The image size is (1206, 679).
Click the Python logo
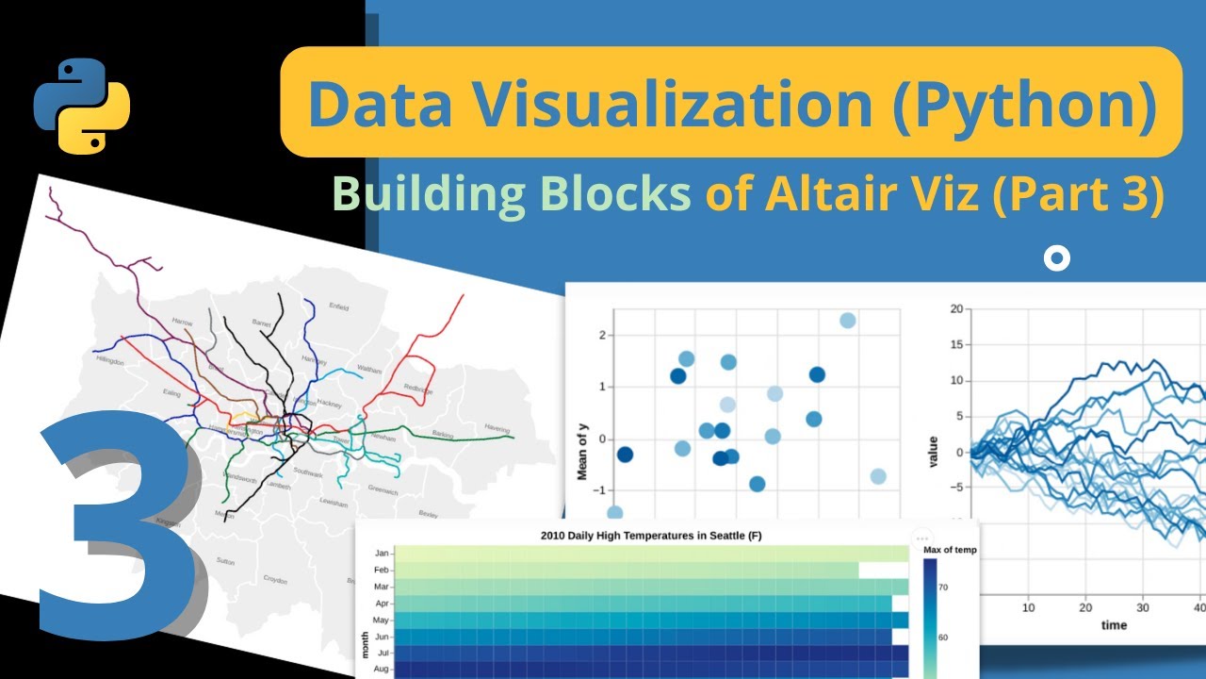tap(82, 106)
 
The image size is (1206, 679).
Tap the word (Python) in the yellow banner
tap(1024, 104)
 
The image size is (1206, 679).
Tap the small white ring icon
tap(1058, 258)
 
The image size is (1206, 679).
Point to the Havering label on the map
tap(497, 428)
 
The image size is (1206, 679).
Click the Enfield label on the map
tap(339, 307)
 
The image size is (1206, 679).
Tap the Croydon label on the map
tap(275, 579)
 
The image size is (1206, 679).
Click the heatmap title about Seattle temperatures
tap(651, 536)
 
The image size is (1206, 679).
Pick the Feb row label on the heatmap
tap(382, 571)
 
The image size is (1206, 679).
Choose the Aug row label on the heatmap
tap(382, 670)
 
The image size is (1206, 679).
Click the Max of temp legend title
tap(950, 550)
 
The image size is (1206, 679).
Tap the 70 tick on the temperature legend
tap(943, 587)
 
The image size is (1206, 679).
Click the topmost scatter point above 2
tap(847, 321)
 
